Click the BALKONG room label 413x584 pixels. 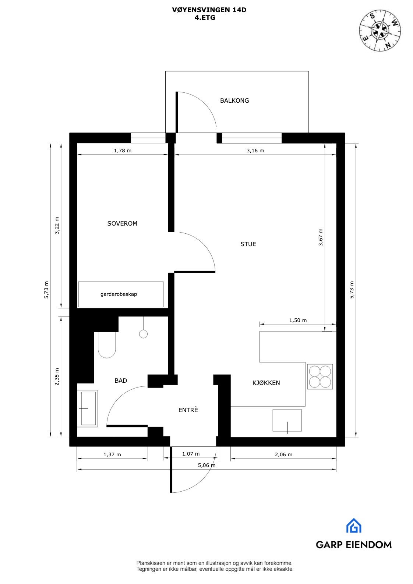coord(234,100)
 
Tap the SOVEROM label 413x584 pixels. coord(122,223)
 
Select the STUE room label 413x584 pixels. coord(248,244)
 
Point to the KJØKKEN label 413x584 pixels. coord(266,383)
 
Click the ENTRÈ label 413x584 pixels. coord(188,410)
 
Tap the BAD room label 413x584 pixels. coord(121,381)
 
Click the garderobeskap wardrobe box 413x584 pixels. coord(121,294)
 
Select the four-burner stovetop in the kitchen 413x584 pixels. coord(320,377)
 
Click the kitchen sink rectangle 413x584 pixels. coord(287,420)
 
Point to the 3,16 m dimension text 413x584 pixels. coord(255,151)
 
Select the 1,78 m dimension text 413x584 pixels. coord(122,151)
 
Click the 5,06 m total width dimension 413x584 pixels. coord(206,465)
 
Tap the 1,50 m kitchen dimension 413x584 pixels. coord(298,320)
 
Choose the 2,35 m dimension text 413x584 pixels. coord(57,377)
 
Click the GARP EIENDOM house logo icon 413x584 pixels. coord(353,526)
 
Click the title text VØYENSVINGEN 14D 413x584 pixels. coord(209,10)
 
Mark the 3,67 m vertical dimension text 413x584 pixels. coord(321,237)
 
